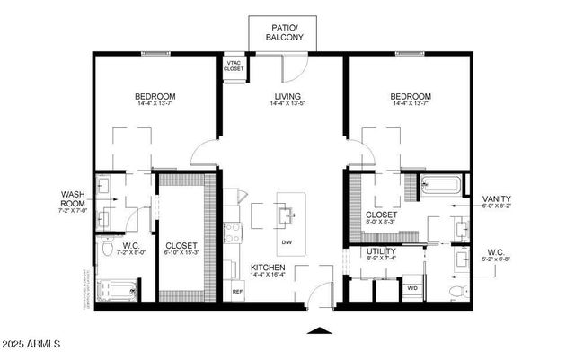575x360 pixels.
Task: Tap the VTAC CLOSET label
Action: [234, 66]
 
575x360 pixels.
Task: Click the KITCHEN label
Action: [268, 268]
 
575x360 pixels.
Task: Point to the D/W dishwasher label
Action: [287, 243]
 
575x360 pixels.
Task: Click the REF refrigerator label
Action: [237, 291]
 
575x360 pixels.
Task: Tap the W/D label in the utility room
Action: [413, 288]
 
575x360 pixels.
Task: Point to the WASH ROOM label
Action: [73, 198]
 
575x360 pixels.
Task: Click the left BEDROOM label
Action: [155, 97]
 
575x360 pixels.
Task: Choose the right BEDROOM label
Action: [411, 97]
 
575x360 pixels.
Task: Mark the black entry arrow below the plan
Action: [318, 331]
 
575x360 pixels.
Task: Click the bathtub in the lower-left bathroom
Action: [117, 291]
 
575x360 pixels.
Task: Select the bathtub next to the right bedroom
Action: [440, 187]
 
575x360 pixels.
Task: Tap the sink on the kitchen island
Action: [287, 216]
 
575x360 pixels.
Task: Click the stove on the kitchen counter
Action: [233, 233]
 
